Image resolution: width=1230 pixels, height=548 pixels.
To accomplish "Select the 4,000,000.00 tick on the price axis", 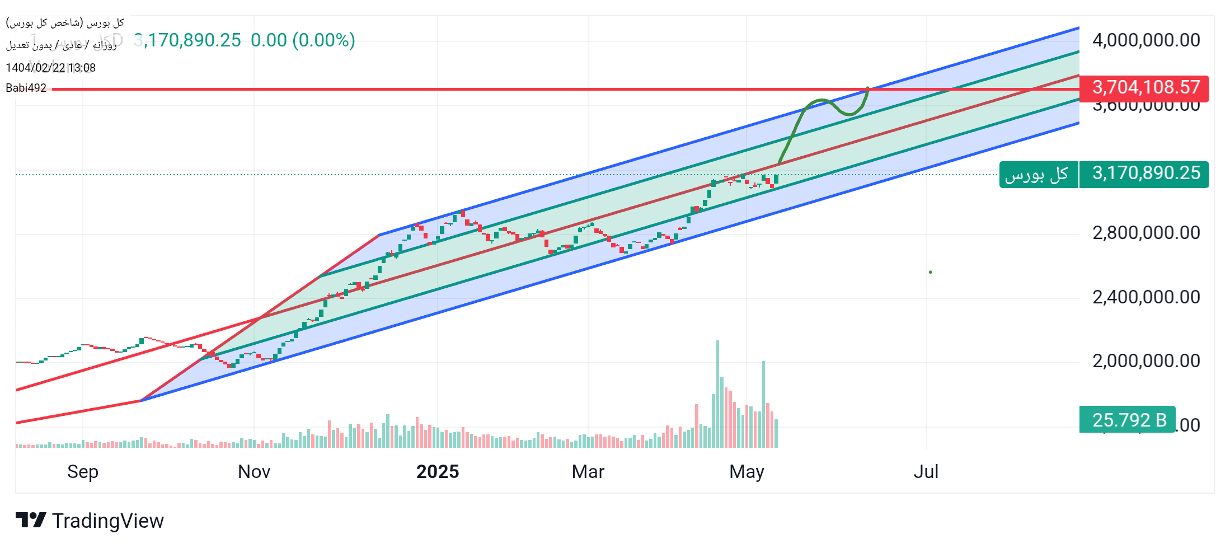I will click(x=1146, y=40).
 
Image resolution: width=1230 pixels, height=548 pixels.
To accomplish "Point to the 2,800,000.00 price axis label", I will click(x=1146, y=233).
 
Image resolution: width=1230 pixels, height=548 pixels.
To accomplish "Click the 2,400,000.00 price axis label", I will click(x=1146, y=297).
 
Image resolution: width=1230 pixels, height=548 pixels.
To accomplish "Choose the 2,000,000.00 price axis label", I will click(x=1146, y=361).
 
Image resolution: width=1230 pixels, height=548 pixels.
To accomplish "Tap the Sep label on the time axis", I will click(x=83, y=472).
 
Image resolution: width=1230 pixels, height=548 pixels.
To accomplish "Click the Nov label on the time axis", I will click(x=254, y=472).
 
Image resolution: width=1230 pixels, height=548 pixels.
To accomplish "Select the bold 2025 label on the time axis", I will click(x=438, y=472).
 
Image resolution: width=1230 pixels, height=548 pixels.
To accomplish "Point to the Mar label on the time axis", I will click(x=588, y=472).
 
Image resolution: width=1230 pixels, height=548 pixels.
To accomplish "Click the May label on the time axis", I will click(x=747, y=472).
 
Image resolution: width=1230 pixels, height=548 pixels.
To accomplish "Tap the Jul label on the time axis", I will click(x=926, y=472).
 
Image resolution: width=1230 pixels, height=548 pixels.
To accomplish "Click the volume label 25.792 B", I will click(x=1129, y=420).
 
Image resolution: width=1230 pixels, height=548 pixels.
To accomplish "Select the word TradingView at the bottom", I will click(x=108, y=521).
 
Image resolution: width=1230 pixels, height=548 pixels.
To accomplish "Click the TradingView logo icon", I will click(x=30, y=520).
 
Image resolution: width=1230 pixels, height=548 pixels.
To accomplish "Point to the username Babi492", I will click(x=26, y=88).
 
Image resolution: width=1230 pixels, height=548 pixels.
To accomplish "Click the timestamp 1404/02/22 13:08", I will click(x=50, y=68).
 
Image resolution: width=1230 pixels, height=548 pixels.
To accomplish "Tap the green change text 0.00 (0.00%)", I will click(x=303, y=40).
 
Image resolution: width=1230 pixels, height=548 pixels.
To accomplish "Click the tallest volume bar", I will click(x=717, y=392).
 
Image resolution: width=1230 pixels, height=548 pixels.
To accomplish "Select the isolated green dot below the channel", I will click(x=930, y=273).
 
